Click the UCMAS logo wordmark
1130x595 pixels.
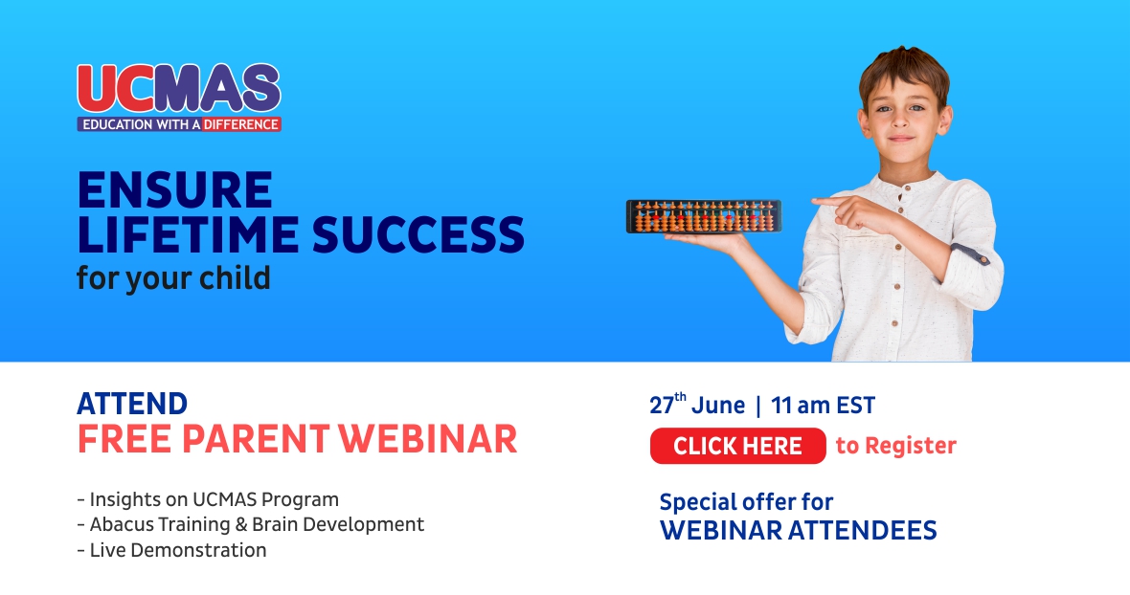178,89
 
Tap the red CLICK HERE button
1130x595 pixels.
737,446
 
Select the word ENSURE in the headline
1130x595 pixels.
174,189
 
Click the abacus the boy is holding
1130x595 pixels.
703,216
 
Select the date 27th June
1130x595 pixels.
697,405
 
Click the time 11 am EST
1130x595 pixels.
823,406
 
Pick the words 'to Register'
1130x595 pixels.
895,446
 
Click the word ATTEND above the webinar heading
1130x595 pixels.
132,404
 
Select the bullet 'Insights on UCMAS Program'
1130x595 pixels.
208,499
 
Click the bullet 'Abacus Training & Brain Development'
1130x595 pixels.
250,524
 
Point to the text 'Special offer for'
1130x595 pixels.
746,501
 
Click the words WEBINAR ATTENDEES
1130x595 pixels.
798,530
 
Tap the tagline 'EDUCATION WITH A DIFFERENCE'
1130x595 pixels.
180,124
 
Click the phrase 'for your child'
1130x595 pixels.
173,278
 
